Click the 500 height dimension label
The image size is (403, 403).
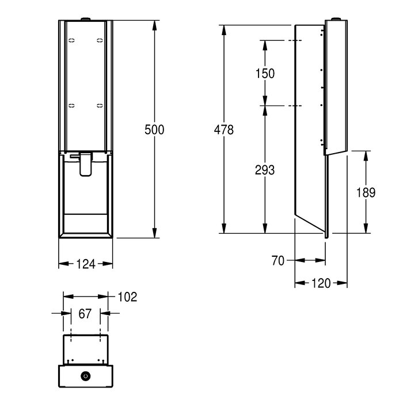(x=154, y=130)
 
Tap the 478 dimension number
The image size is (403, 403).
(x=223, y=130)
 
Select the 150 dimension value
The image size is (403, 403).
(x=265, y=74)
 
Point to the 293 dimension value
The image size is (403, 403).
(x=265, y=170)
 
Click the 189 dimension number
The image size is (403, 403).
(x=366, y=192)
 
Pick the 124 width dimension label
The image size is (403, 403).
(x=86, y=264)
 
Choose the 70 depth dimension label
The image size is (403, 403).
(x=278, y=261)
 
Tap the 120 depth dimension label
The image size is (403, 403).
(x=321, y=283)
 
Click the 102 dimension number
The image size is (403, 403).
(x=127, y=297)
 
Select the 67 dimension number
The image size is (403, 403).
(x=85, y=314)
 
